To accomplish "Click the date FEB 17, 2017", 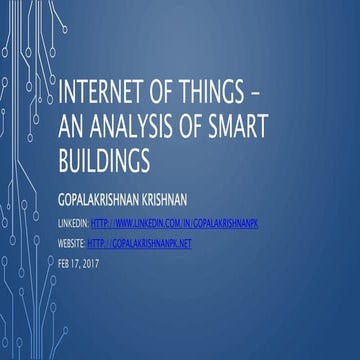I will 81,262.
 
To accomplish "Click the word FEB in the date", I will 67,262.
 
